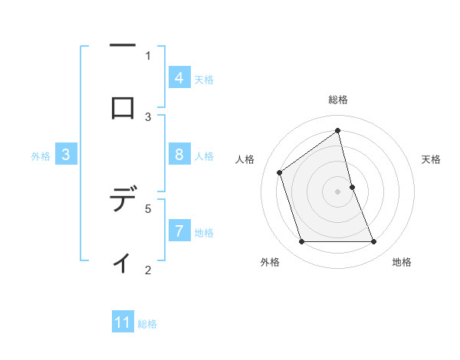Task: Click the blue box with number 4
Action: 179,78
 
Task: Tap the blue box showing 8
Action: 179,155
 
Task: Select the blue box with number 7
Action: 179,231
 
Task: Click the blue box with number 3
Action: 66,155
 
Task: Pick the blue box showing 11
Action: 123,322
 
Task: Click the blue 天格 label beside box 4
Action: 204,79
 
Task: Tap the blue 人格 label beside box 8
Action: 204,155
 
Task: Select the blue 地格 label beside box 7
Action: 204,232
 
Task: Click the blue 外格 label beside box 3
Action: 41,155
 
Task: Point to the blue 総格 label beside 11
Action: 147,323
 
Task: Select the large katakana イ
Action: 122,262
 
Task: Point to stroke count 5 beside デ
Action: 148,208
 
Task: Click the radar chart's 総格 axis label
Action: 338,100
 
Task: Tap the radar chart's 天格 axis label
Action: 431,159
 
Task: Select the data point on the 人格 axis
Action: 280,172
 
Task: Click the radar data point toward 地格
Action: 374,242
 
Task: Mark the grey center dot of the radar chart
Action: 338,191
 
